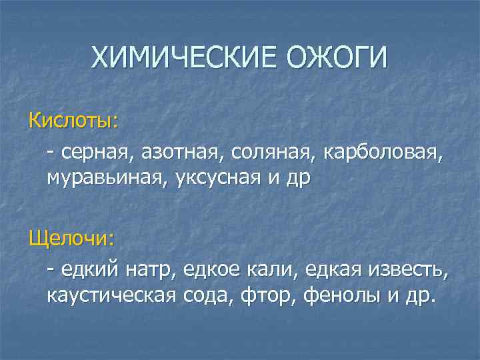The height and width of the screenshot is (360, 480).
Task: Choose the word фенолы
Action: pos(341,295)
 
